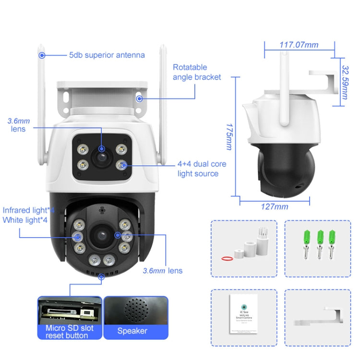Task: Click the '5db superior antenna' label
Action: click(107, 55)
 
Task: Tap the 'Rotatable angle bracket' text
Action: click(197, 72)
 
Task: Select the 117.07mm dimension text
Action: click(299, 45)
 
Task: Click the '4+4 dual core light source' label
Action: click(202, 169)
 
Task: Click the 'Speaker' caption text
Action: click(132, 331)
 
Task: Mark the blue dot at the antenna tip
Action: click(42, 55)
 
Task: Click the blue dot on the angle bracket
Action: click(140, 99)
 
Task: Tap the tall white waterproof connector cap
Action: click(261, 242)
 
